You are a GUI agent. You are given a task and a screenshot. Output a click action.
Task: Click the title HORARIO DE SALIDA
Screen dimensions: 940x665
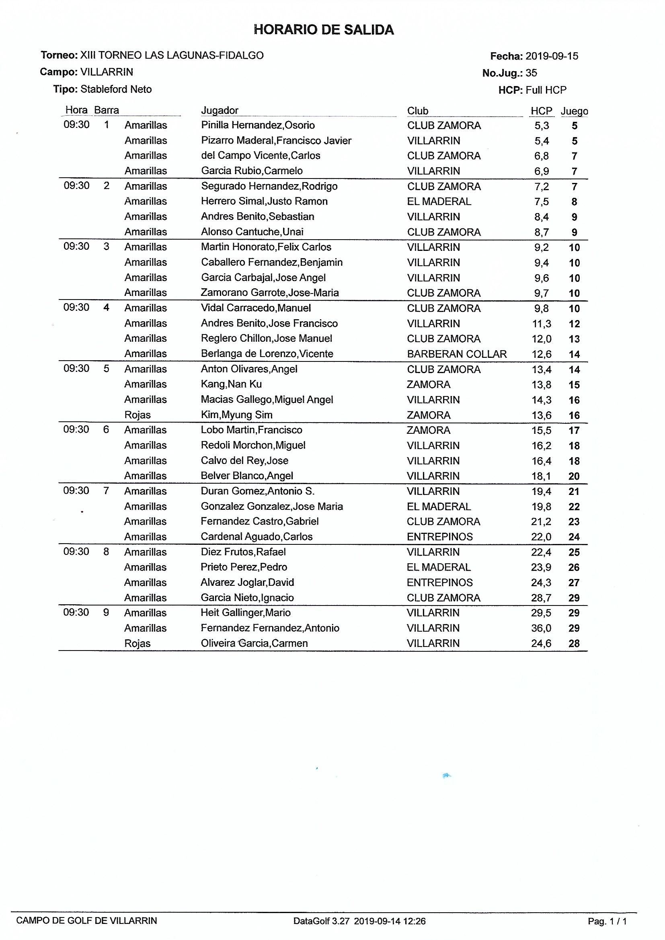[x=324, y=30]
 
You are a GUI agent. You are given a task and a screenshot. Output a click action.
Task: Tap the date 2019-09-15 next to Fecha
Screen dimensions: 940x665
[x=552, y=56]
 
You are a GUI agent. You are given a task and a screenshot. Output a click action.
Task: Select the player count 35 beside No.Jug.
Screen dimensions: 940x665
[x=531, y=73]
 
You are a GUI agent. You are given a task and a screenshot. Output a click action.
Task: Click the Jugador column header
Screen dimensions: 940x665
[x=220, y=111]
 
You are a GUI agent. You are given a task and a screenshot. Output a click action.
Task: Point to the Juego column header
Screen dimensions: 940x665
[x=574, y=111]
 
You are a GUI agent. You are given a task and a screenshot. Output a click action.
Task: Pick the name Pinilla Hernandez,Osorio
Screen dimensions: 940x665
[x=258, y=125]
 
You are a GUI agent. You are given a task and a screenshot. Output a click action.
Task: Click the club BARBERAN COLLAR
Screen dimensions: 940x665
[x=457, y=354]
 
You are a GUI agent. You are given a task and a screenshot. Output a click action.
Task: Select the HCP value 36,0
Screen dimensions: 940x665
[x=541, y=628]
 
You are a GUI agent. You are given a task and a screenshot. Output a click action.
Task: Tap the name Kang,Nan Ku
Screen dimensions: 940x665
[x=231, y=384]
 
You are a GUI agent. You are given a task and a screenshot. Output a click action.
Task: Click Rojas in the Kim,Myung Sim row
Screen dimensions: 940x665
[x=137, y=415]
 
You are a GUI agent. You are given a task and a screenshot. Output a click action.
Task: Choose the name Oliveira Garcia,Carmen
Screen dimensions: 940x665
[x=254, y=643]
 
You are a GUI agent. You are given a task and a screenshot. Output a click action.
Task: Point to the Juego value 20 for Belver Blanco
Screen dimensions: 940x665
[x=574, y=476]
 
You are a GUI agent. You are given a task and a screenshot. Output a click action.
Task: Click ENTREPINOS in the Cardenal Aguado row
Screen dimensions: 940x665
[x=439, y=537]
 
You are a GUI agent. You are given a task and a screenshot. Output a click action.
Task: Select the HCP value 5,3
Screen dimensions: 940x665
[x=541, y=126]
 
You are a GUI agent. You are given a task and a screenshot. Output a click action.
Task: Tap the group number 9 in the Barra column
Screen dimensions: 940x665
[x=106, y=613]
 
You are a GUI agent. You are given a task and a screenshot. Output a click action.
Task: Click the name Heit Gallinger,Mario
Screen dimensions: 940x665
[x=245, y=613]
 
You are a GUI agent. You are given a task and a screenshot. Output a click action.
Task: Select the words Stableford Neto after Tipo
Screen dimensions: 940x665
[x=116, y=90]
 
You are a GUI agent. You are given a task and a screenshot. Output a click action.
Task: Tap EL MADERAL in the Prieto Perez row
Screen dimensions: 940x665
[x=439, y=567]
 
